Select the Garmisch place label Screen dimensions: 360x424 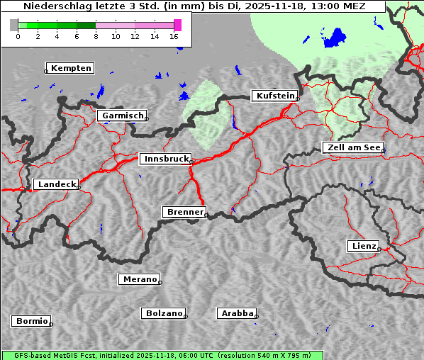point(123,116)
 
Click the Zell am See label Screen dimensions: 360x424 point(352,147)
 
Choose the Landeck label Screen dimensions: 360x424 point(56,184)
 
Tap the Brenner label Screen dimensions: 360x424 point(184,212)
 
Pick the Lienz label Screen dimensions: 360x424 point(363,246)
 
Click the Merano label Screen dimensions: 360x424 point(139,279)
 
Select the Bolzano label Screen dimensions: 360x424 point(164,313)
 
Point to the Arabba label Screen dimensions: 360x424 point(237,313)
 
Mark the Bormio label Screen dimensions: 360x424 point(31,321)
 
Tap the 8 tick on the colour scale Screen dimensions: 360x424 point(96,35)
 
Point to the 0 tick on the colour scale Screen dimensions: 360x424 point(18,35)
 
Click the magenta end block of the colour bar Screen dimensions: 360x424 point(177,25)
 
